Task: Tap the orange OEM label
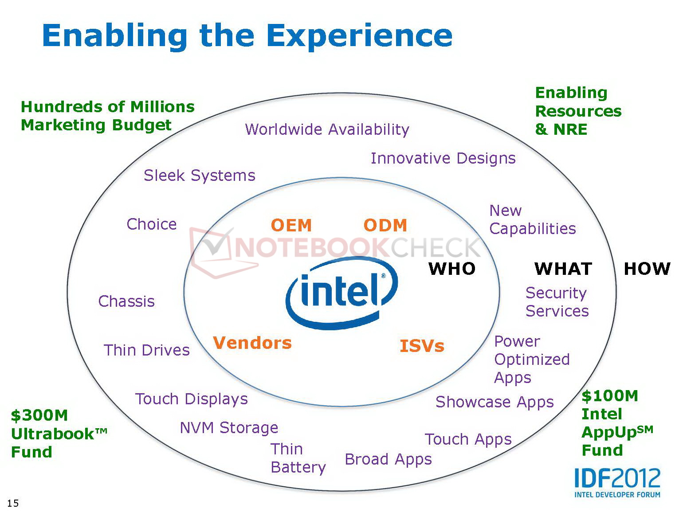tap(291, 225)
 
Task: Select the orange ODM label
tap(385, 225)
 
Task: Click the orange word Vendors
tap(252, 343)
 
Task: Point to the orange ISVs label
tap(422, 346)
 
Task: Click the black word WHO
tap(452, 268)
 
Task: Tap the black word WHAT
tap(563, 269)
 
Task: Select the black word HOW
tap(647, 269)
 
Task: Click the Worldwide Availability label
tap(327, 129)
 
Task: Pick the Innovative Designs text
tap(443, 158)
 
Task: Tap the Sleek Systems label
tap(200, 176)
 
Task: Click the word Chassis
tap(126, 301)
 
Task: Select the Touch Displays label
tap(191, 399)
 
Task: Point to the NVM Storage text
tap(229, 428)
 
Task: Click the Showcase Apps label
tap(495, 402)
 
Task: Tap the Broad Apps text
tap(389, 459)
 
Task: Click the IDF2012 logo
tap(617, 483)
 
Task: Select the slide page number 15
tap(13, 503)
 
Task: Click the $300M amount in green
tap(39, 415)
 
